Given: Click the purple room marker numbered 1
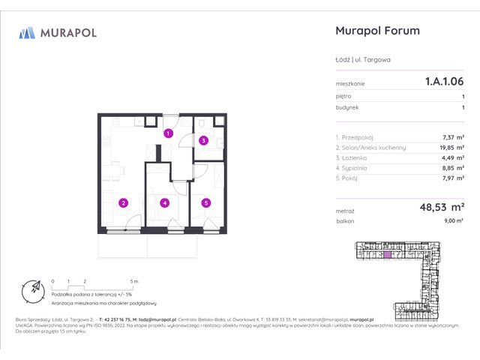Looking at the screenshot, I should (169, 133).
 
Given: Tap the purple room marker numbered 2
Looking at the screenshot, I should (124, 201).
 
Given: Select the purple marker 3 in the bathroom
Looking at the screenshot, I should (202, 140).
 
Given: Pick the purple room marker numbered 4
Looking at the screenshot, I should (163, 201).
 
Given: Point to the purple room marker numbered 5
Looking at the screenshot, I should (205, 201).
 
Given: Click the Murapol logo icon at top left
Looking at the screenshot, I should (27, 32).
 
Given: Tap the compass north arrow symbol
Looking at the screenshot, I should (32, 289).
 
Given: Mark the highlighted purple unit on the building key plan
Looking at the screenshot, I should (387, 255).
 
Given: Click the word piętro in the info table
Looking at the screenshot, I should (344, 97).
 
